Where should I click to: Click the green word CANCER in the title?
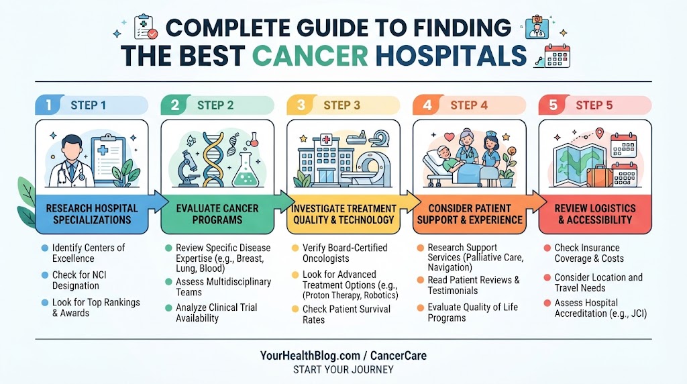(x=310, y=56)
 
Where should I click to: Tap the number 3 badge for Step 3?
(x=301, y=105)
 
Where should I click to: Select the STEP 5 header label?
(x=594, y=105)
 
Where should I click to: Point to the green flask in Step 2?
(x=245, y=172)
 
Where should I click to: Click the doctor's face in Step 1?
(x=72, y=149)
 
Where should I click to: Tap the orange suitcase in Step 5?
(x=600, y=176)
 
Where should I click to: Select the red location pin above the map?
(x=599, y=133)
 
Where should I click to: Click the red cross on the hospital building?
(x=326, y=140)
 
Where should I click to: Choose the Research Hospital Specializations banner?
(x=92, y=214)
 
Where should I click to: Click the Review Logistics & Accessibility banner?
(x=595, y=214)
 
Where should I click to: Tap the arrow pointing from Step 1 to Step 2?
(x=158, y=202)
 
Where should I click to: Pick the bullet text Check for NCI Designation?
(x=79, y=280)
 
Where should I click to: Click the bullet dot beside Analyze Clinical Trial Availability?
(x=168, y=307)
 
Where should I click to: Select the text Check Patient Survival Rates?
(x=346, y=314)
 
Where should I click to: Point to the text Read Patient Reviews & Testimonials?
(x=473, y=285)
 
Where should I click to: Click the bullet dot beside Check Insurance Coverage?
(x=547, y=248)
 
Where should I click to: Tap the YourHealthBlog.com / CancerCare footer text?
(x=343, y=356)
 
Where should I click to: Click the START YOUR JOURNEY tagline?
(x=343, y=369)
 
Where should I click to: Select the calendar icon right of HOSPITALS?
(x=557, y=56)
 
